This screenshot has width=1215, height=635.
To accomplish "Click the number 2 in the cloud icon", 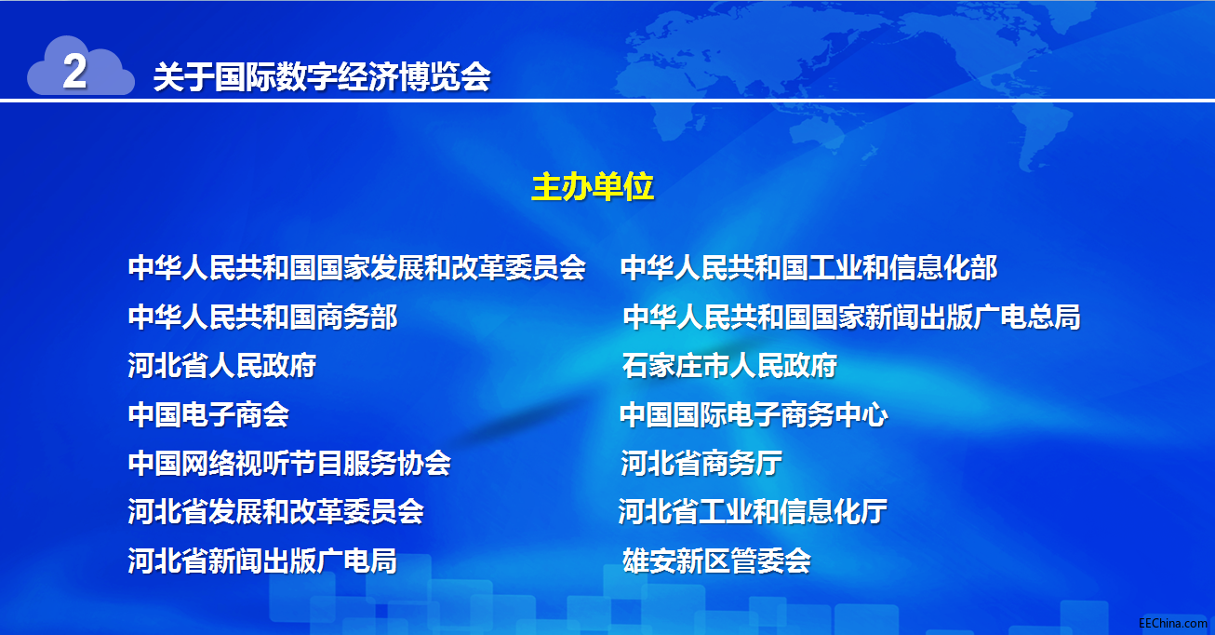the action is pos(74,71).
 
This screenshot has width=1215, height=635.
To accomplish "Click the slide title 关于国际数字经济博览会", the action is pos(322,76).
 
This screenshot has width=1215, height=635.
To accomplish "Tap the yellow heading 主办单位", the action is pos(593,187).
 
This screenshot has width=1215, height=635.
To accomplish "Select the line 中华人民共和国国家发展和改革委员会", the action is pos(357,267).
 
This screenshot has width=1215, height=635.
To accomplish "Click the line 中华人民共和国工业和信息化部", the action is pos(808,267).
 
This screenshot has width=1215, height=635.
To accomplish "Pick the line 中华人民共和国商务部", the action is pos(263,317).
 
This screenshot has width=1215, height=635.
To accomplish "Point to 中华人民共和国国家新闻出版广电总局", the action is pos(851,317).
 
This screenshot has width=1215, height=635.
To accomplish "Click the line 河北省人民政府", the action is pos(222,365).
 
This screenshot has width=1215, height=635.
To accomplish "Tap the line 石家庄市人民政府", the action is pos(729,365).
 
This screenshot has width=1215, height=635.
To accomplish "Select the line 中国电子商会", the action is pos(208,414).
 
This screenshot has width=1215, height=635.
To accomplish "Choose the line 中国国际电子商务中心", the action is pos(754,414).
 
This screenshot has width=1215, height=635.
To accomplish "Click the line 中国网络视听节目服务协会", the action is pos(289,464).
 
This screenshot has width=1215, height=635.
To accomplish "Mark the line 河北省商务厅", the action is pos(701,464).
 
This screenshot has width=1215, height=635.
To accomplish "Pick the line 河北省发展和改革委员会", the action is pos(276,512).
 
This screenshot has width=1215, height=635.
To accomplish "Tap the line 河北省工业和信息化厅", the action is pos(753,512).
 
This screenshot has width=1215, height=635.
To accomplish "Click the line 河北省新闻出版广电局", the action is pos(262,561).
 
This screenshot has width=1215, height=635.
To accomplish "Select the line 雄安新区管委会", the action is pos(716,561).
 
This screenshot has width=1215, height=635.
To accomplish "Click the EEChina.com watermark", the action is pos(1173,623).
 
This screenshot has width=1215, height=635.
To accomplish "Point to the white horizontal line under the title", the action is pos(607,101).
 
